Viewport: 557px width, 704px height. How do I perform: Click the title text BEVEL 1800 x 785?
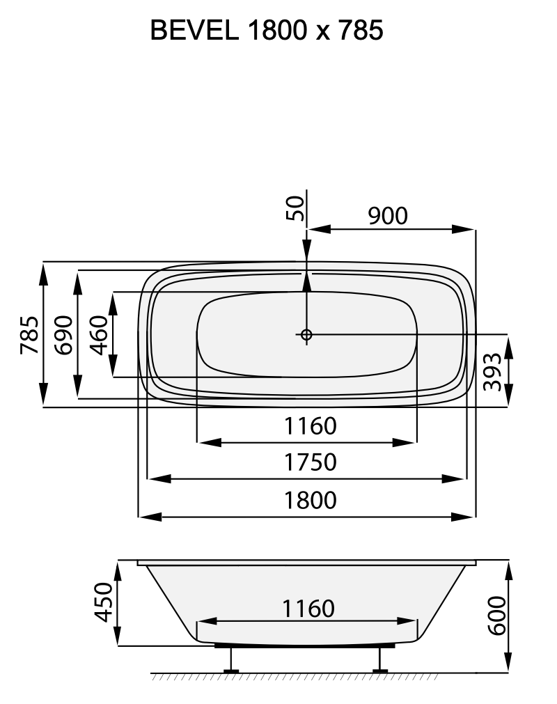coord(267,31)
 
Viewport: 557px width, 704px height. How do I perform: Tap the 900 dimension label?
coord(387,216)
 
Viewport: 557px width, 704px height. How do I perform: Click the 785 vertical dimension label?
coord(29,335)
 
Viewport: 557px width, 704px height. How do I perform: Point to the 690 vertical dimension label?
coord(64,335)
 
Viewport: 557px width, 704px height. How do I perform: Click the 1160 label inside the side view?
coord(308,608)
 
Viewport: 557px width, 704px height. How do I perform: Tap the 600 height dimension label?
coord(495,615)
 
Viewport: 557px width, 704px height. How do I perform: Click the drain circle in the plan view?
coord(306,335)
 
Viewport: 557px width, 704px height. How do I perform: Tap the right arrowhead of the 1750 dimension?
coord(455,478)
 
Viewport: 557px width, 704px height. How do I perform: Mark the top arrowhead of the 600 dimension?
coord(509,570)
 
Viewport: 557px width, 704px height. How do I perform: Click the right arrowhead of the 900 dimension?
coord(464,228)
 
